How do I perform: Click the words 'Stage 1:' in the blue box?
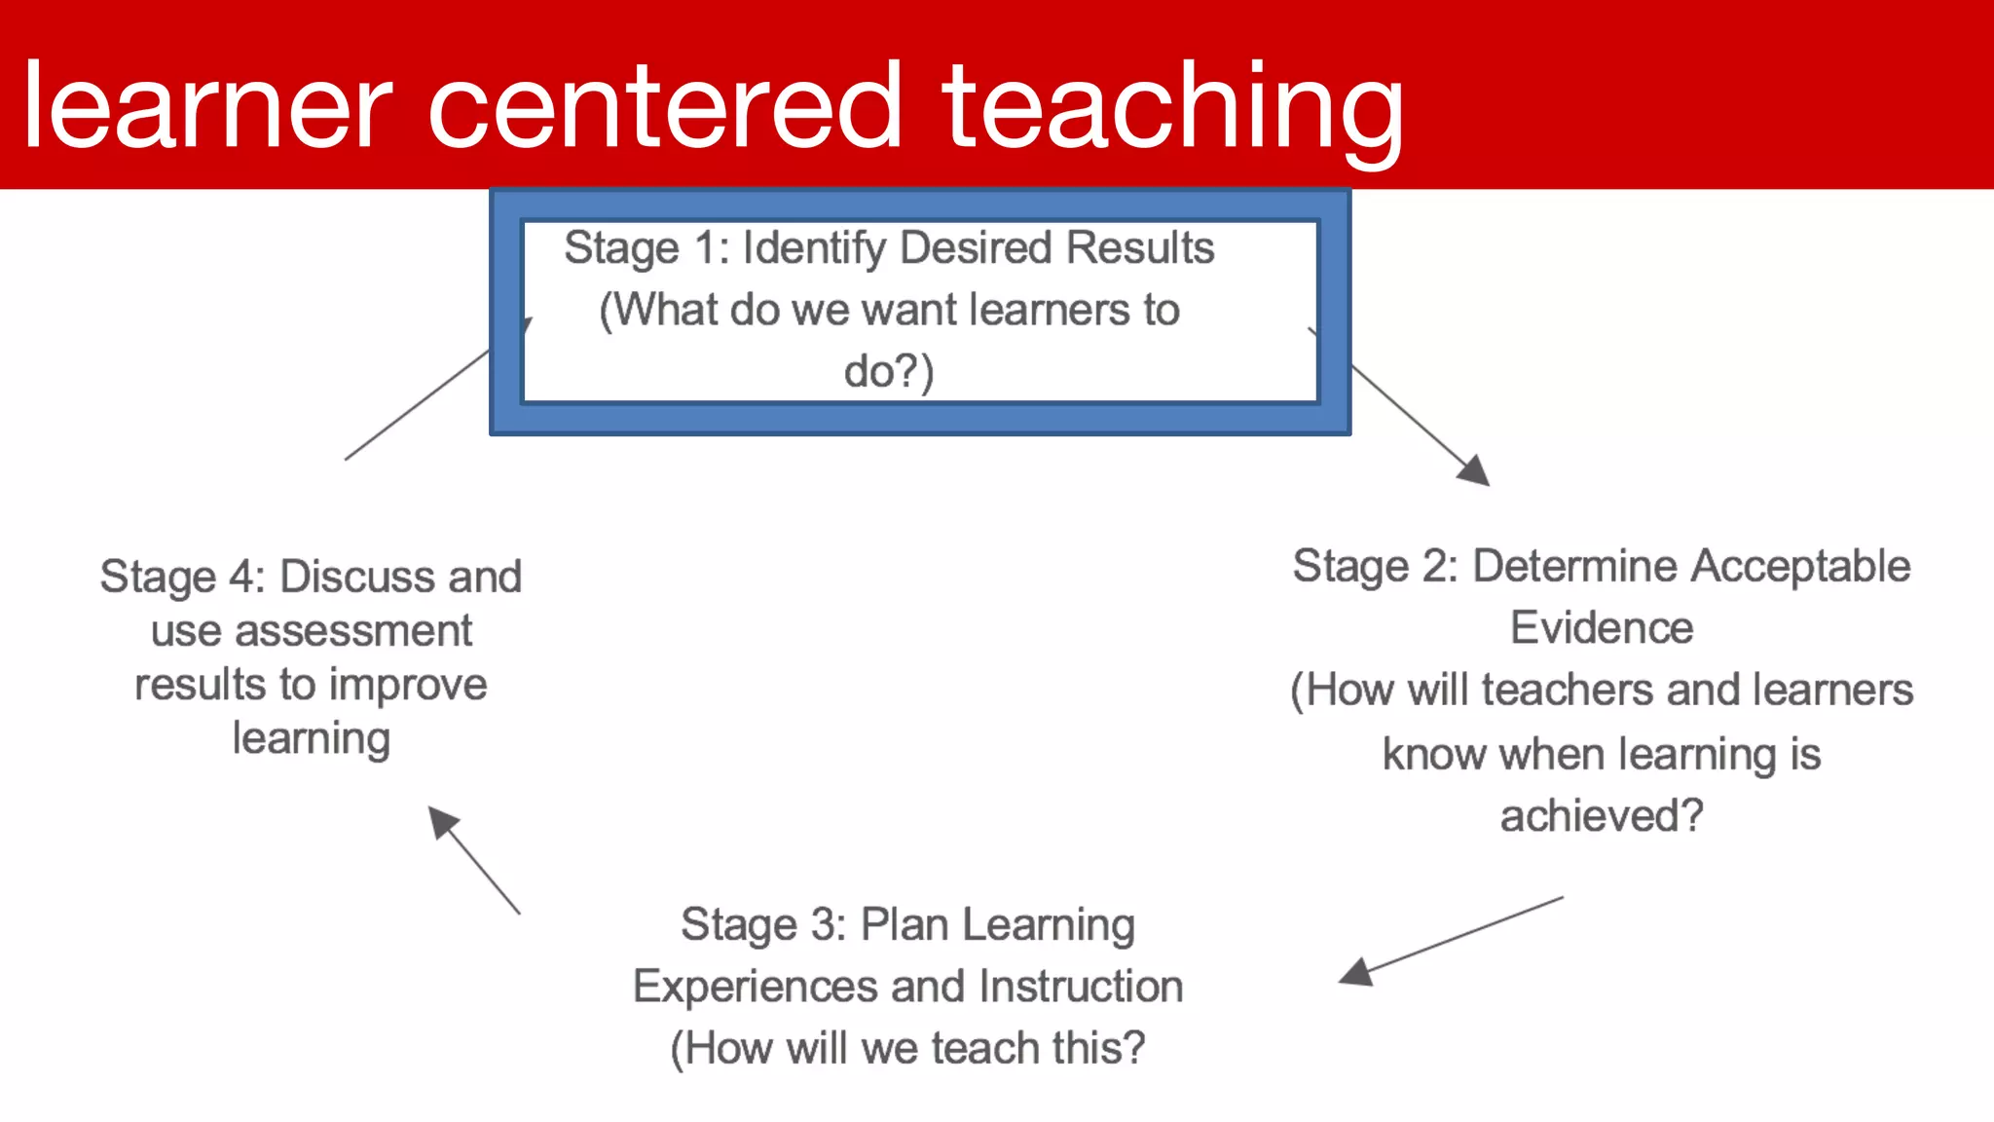click(646, 248)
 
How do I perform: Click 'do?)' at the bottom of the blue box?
click(888, 371)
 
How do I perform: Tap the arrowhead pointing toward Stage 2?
click(1474, 470)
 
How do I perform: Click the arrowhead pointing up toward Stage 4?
click(443, 822)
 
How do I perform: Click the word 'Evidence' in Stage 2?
click(1601, 628)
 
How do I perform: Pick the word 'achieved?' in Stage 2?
click(1601, 816)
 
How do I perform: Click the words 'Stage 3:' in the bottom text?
click(762, 924)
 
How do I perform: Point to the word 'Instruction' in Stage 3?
click(1081, 987)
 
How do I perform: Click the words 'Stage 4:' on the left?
click(182, 577)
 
